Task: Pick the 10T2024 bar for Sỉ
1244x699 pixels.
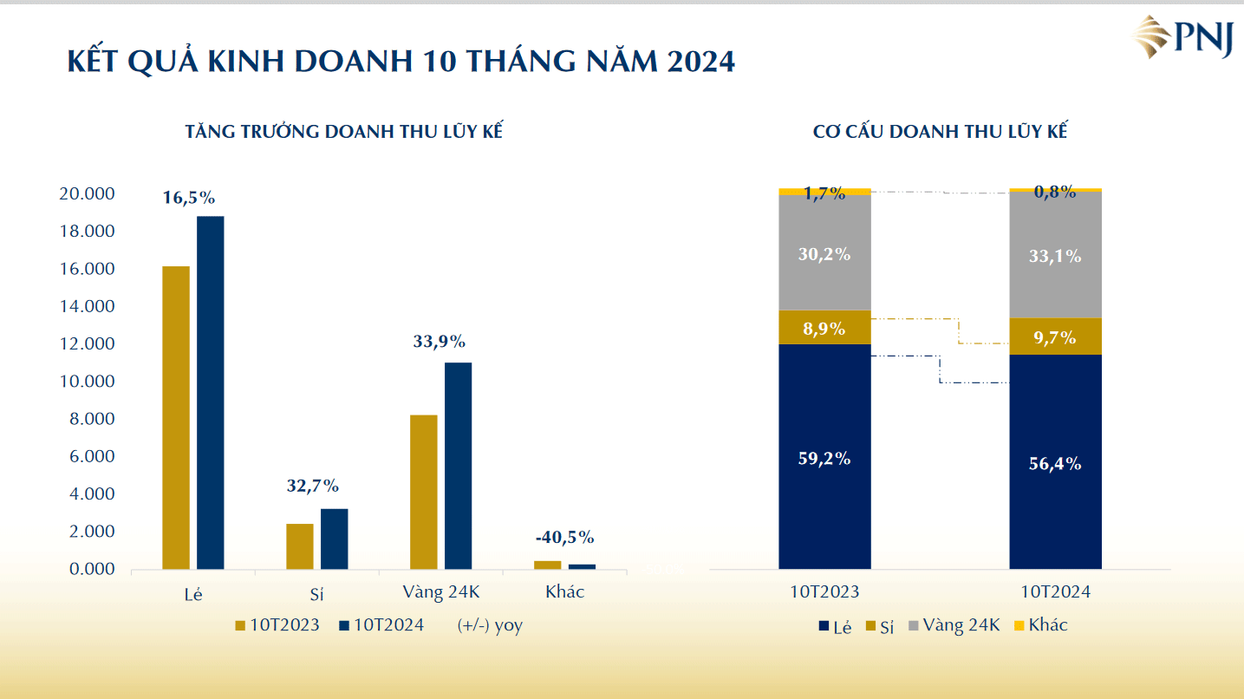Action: point(335,539)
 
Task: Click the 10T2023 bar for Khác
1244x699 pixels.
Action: point(547,565)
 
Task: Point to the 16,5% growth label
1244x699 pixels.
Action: point(189,198)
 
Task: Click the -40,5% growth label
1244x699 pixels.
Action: point(564,538)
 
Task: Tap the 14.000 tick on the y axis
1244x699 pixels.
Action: point(87,307)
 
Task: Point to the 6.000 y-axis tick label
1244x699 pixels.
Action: point(91,457)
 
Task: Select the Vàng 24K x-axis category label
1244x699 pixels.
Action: point(441,592)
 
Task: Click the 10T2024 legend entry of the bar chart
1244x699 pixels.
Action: point(381,624)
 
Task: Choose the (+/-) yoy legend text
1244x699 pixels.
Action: point(490,625)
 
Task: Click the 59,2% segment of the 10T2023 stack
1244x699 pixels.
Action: point(824,458)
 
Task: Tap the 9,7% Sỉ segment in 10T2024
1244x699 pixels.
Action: point(1055,337)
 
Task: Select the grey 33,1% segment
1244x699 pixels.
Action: point(1055,256)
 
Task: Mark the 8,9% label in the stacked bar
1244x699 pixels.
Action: point(824,329)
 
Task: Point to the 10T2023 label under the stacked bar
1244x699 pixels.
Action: point(824,592)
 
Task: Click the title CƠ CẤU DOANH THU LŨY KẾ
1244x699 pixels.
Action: point(940,132)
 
